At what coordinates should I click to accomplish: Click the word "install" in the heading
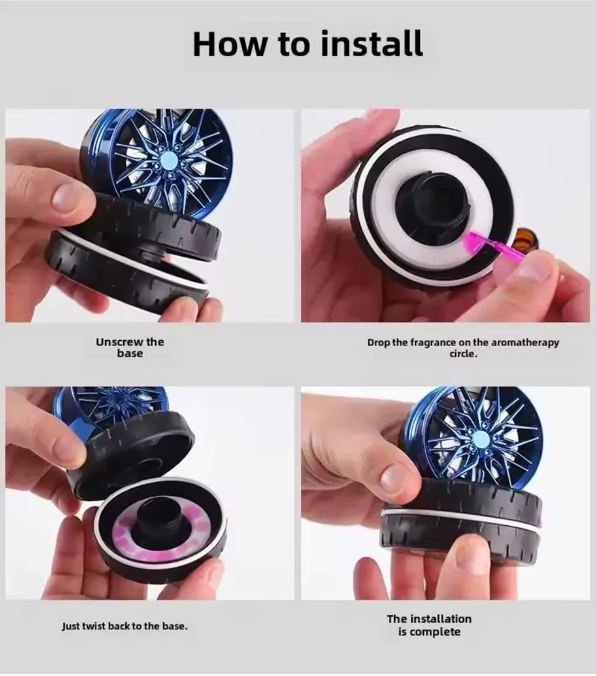tap(371, 44)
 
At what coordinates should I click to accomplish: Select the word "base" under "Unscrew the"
tap(130, 353)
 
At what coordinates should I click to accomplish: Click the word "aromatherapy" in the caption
tap(525, 343)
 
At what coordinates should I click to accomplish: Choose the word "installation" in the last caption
tap(441, 619)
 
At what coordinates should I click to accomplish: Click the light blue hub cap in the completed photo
tap(481, 437)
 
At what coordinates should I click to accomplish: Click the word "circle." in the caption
tap(463, 354)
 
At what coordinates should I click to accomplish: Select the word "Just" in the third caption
tap(71, 627)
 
